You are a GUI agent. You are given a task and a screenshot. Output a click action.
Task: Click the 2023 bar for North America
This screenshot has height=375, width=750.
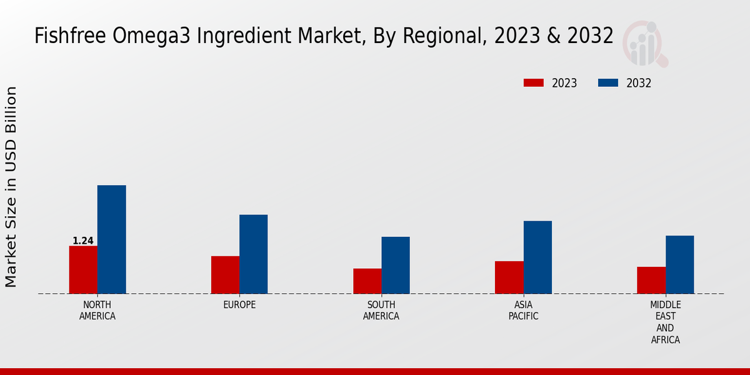click(x=83, y=269)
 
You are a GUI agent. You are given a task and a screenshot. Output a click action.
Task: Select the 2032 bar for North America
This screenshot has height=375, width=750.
click(x=111, y=239)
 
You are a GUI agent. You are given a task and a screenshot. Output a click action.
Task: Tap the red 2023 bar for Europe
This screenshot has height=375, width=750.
click(x=225, y=274)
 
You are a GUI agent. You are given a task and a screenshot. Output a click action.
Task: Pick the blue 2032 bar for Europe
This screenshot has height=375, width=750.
click(x=253, y=254)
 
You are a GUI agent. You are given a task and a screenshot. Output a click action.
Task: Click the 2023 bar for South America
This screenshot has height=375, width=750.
click(x=367, y=281)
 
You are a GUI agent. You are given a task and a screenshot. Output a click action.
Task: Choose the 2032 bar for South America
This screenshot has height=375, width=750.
click(x=396, y=265)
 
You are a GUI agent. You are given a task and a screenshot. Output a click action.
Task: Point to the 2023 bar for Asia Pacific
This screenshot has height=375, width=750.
click(x=509, y=277)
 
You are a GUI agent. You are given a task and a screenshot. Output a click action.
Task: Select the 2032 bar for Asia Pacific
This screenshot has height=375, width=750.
click(x=537, y=257)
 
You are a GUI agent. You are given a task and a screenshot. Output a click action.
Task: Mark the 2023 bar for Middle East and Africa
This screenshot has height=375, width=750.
click(x=651, y=280)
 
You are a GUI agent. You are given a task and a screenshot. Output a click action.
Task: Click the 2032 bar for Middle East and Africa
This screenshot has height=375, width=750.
click(x=679, y=264)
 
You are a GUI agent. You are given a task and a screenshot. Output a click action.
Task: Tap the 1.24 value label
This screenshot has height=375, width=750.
click(x=83, y=241)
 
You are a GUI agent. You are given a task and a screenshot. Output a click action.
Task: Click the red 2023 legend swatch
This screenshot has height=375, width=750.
click(x=534, y=83)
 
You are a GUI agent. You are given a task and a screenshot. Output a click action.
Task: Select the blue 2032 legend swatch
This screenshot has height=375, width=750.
click(x=608, y=83)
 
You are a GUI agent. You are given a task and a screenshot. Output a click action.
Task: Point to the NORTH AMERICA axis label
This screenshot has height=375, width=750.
click(x=97, y=310)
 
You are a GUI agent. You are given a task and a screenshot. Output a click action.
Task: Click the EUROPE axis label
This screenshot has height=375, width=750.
click(x=239, y=304)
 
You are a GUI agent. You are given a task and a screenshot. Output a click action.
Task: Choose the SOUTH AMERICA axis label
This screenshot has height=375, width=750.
click(x=381, y=310)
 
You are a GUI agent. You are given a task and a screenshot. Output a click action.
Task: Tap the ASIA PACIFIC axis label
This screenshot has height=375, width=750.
click(x=523, y=310)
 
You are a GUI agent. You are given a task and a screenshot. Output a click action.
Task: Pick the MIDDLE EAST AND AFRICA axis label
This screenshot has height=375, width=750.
click(x=665, y=322)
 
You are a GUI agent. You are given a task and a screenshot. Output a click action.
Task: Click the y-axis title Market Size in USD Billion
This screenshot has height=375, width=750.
click(x=11, y=187)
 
